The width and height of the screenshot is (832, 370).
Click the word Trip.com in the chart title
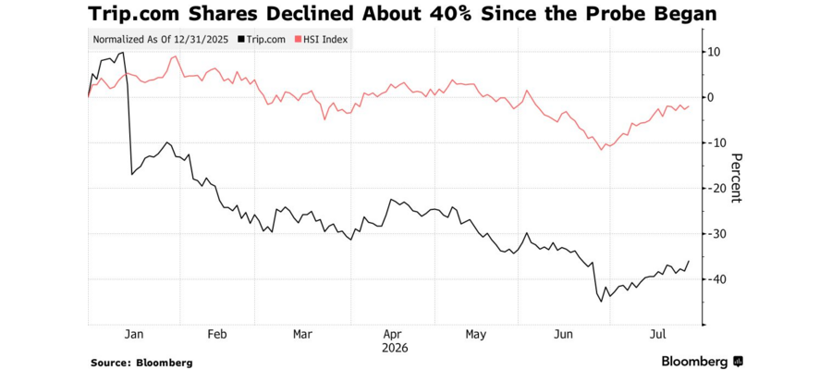pos(134,14)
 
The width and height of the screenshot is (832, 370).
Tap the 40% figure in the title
pos(451,14)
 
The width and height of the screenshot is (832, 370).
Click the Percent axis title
pos(736,178)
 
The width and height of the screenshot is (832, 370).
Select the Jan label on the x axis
pos(133,335)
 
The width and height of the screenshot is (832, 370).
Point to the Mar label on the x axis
pos(302,335)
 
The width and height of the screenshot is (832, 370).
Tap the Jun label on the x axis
pos(564,335)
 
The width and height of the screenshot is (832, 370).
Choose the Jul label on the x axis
pos(658,335)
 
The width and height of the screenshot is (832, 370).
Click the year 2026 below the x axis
pos(395,349)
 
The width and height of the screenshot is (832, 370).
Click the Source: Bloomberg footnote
pos(141,364)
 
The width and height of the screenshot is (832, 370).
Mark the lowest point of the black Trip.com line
pos(601,302)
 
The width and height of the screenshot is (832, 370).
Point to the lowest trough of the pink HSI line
pos(601,150)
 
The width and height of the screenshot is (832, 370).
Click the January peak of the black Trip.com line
pos(123,52)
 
